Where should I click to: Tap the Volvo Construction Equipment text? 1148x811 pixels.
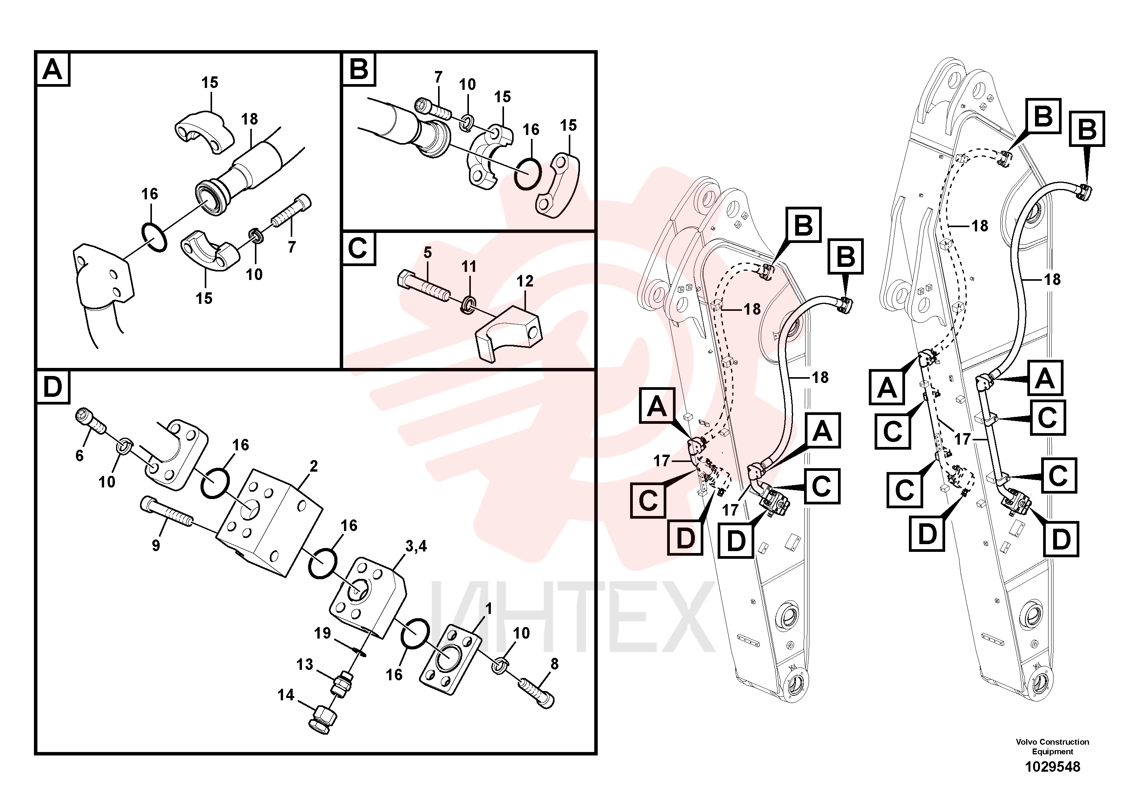pyautogui.click(x=1052, y=747)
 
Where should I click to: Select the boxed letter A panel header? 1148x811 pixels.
pyautogui.click(x=52, y=69)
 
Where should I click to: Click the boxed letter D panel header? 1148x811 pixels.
pyautogui.click(x=52, y=388)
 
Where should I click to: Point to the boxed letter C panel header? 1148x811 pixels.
pyautogui.click(x=358, y=248)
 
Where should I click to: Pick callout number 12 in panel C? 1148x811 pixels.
pyautogui.click(x=525, y=282)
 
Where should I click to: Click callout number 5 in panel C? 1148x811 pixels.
pyautogui.click(x=428, y=253)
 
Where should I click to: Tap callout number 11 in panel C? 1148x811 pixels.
pyautogui.click(x=469, y=266)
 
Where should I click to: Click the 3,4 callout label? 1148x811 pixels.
pyautogui.click(x=416, y=546)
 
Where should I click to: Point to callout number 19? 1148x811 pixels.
pyautogui.click(x=322, y=634)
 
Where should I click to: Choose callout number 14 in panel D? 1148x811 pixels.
pyautogui.click(x=286, y=695)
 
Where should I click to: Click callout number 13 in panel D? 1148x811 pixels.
pyautogui.click(x=305, y=664)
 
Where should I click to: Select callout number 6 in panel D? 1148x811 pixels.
pyautogui.click(x=79, y=455)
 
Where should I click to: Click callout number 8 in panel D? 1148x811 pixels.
pyautogui.click(x=554, y=664)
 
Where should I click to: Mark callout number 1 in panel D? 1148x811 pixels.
pyautogui.click(x=489, y=609)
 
